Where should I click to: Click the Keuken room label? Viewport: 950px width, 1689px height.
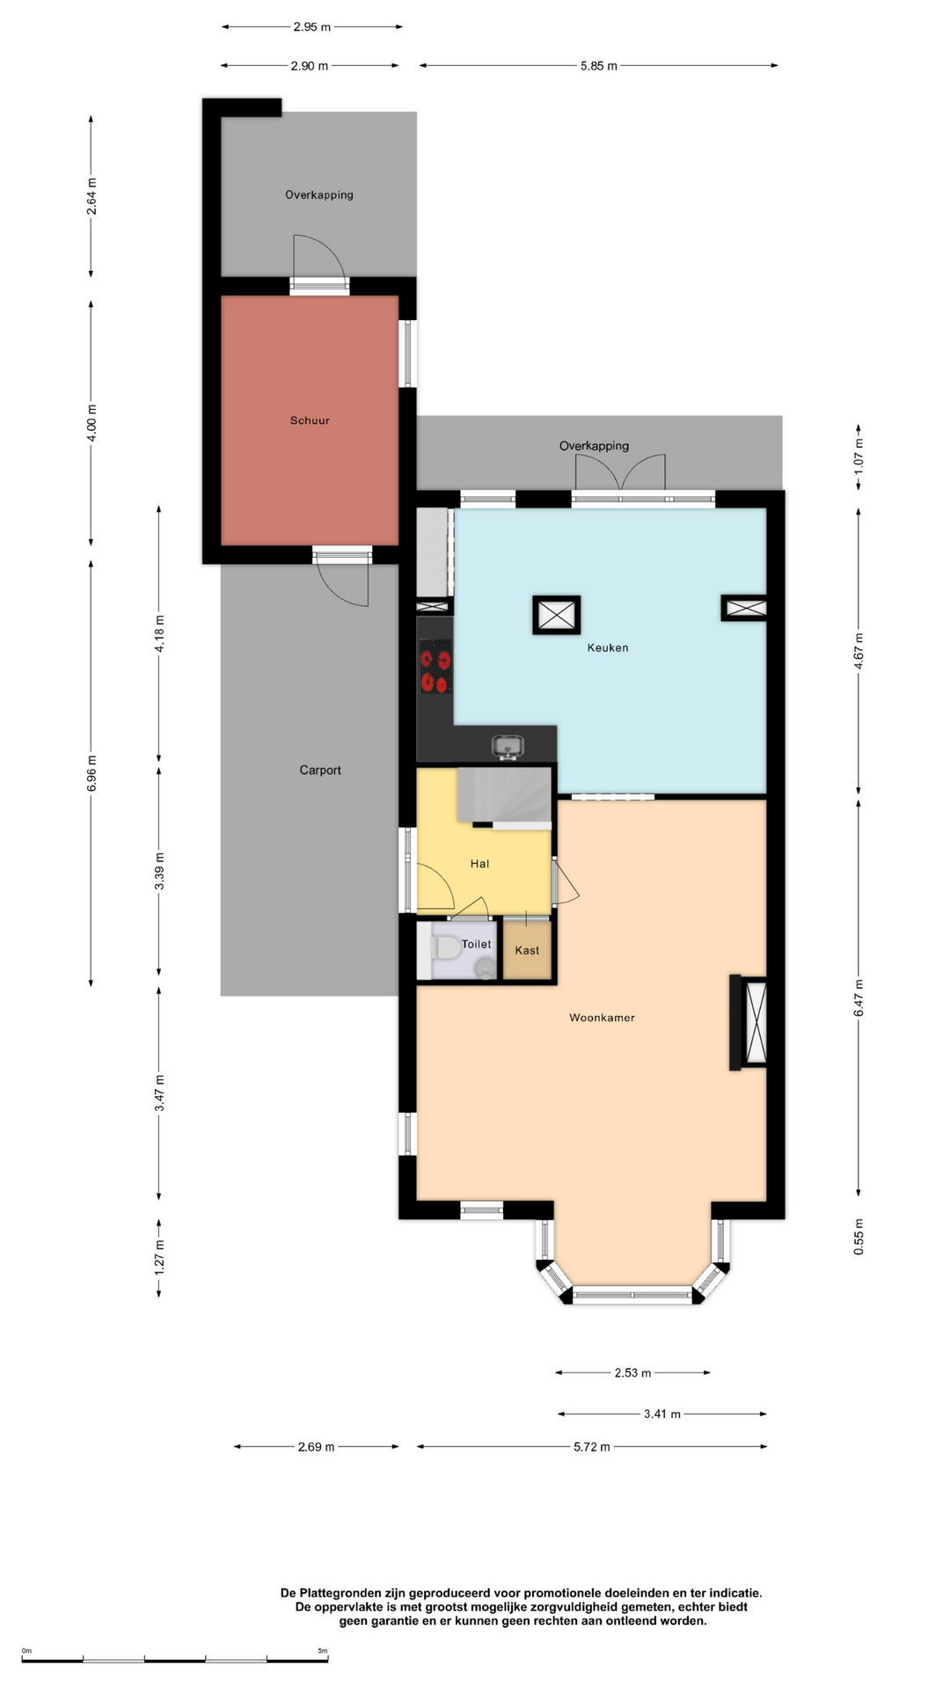[608, 647]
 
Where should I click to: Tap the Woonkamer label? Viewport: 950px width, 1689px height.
[602, 1018]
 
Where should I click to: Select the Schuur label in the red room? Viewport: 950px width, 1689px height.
[310, 420]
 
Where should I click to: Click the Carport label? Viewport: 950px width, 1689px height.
[320, 770]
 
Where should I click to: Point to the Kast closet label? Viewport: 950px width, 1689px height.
[527, 950]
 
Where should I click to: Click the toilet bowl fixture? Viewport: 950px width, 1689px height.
[446, 949]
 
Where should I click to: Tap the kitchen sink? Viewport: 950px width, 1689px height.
[508, 747]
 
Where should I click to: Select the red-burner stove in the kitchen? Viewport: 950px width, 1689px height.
[435, 667]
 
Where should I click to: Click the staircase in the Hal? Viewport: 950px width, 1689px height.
[505, 797]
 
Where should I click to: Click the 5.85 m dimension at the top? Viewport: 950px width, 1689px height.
[598, 66]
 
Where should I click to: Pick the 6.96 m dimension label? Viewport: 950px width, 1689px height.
[91, 773]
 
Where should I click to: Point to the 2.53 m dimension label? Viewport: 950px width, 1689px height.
[632, 1372]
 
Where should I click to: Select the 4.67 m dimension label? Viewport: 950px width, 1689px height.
[859, 651]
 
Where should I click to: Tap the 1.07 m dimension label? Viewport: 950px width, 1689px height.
[859, 457]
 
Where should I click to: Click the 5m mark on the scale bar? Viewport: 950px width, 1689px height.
[323, 1651]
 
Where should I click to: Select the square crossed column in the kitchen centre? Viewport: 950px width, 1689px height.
[556, 615]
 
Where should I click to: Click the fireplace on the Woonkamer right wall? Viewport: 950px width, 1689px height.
[749, 1022]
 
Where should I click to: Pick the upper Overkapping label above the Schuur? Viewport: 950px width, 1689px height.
[319, 194]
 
